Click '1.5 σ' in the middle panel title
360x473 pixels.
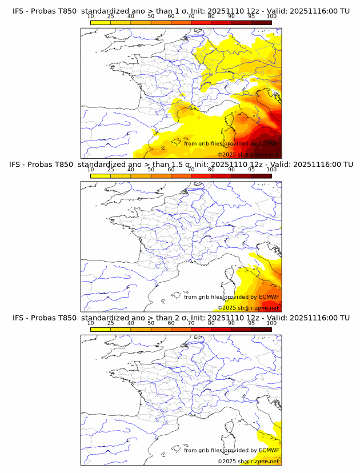click(x=173, y=165)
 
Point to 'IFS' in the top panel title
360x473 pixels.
click(x=20, y=11)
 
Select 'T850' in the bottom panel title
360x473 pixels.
click(x=64, y=318)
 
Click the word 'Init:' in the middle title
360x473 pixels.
click(x=203, y=165)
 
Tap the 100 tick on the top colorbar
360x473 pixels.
click(x=271, y=16)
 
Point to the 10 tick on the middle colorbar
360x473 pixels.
click(x=90, y=169)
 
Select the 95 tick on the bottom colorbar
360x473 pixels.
click(x=251, y=322)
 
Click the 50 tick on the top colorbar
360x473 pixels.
click(x=151, y=16)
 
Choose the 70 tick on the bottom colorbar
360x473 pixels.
click(x=191, y=322)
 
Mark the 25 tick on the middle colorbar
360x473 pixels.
click(x=110, y=169)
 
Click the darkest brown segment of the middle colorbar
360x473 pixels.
click(x=261, y=175)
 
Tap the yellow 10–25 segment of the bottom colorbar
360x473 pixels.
click(x=101, y=328)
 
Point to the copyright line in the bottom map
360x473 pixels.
click(x=248, y=461)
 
